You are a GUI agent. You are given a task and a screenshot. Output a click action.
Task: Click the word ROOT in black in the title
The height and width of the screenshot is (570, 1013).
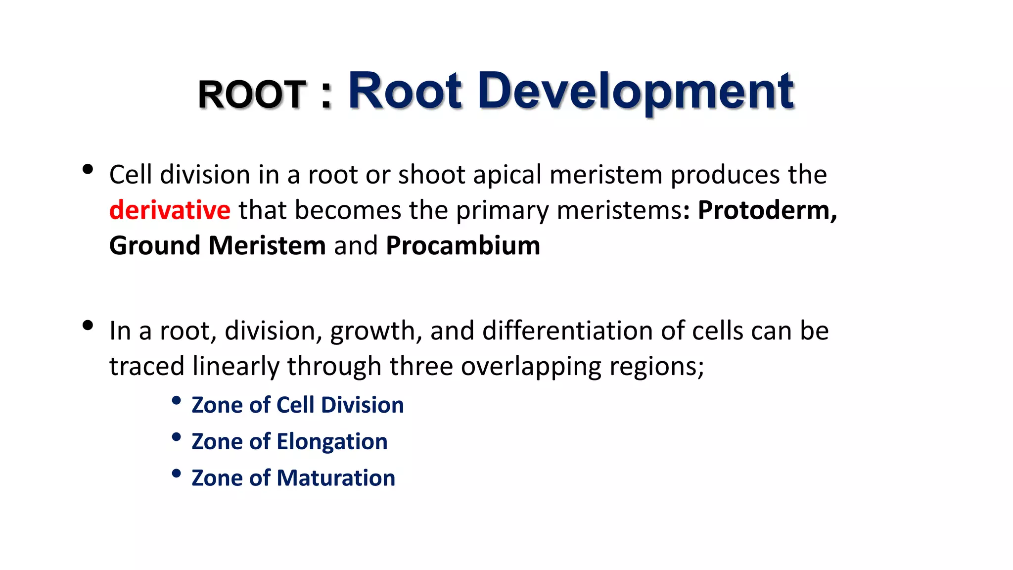point(252,94)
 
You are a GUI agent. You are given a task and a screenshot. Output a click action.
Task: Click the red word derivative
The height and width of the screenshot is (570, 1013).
point(170,210)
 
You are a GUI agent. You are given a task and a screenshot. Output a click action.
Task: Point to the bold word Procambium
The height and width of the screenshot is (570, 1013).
point(463,245)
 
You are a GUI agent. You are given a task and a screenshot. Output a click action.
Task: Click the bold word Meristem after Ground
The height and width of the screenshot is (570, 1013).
point(267,245)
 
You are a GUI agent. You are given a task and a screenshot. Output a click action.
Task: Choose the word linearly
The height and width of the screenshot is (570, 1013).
point(236,367)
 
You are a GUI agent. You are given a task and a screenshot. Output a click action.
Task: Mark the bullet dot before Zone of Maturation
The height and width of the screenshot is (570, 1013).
point(176,474)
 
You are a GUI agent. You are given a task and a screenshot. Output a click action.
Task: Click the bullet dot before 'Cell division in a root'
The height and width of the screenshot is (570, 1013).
point(88,170)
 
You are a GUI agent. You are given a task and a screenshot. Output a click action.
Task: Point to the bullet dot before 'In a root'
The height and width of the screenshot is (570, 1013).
point(88,326)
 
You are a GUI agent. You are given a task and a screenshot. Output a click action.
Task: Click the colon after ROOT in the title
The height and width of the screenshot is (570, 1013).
point(325,95)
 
